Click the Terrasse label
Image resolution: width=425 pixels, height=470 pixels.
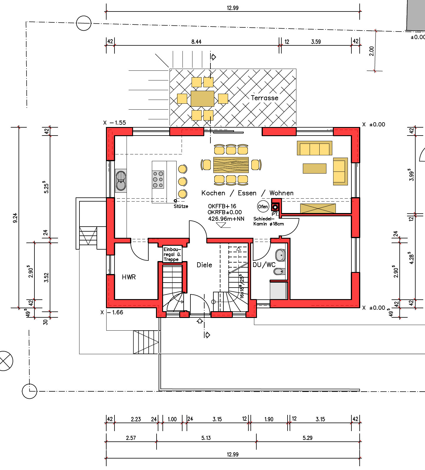tap(264, 98)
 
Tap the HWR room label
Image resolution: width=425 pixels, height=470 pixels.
tap(129, 277)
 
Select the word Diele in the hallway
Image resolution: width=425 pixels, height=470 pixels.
tap(204, 265)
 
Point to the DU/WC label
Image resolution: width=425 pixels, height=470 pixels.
tap(264, 265)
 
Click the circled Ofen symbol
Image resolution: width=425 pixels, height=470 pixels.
tap(263, 207)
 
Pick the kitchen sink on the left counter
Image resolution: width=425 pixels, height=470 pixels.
tap(121, 181)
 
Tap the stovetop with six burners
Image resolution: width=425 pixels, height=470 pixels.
tap(158, 179)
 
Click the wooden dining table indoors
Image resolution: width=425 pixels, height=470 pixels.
tap(231, 165)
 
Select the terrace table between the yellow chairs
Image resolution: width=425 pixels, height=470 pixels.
tap(202, 98)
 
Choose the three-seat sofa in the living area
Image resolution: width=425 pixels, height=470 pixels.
tap(315, 148)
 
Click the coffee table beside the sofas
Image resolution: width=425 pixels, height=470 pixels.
tap(315, 168)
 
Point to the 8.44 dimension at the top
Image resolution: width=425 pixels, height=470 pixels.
tap(196, 42)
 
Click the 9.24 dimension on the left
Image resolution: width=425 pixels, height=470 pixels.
tap(15, 218)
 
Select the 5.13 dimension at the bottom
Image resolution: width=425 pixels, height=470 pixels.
tap(206, 438)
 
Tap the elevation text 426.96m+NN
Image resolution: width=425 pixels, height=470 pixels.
tap(226, 219)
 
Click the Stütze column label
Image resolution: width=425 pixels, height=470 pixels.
tap(181, 206)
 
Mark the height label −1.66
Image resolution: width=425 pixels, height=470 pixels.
tap(115, 312)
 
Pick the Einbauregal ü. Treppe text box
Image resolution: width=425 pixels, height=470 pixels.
tap(172, 254)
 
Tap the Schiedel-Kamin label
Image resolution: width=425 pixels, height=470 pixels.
tap(268, 221)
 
